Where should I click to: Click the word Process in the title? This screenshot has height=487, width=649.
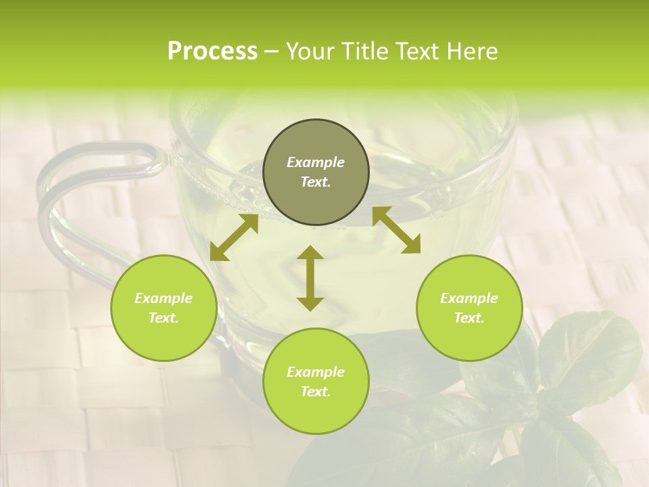tap(212, 51)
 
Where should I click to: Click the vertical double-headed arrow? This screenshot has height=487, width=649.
tap(310, 278)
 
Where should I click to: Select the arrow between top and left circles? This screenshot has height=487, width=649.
tap(234, 237)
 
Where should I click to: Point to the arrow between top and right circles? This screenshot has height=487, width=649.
tap(396, 230)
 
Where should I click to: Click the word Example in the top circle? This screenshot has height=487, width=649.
tap(316, 162)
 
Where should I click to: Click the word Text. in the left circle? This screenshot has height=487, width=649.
tap(164, 318)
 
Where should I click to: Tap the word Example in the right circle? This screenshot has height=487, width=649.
tap(469, 298)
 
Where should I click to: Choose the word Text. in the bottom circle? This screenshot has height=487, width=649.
tap(316, 392)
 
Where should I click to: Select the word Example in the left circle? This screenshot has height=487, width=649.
tap(164, 298)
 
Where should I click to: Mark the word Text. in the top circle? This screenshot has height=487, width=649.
tap(316, 182)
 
